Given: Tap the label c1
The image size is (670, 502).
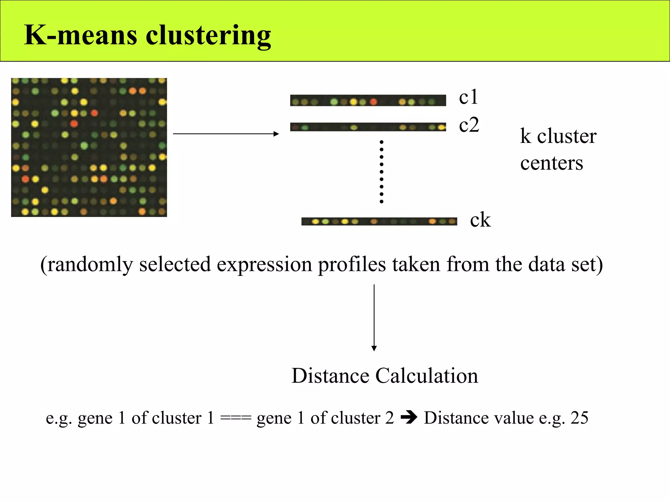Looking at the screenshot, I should (468, 97).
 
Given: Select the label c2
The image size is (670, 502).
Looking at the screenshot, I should (469, 125).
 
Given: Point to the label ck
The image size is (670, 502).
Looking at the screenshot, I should (480, 220).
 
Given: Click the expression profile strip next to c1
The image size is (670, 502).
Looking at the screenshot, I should (368, 101).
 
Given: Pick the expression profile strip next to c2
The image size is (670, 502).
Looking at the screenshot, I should (368, 127).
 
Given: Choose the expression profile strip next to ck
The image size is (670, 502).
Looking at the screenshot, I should (379, 222).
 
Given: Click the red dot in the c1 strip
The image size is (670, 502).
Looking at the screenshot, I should (373, 102).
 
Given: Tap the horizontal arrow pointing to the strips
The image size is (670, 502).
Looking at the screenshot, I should (226, 134).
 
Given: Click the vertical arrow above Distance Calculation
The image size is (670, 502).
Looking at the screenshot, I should (374, 317).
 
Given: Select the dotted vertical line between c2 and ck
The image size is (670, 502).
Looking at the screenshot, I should (381, 172).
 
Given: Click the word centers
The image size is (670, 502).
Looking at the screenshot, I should (552, 163).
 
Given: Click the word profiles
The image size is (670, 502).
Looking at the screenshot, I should (352, 264).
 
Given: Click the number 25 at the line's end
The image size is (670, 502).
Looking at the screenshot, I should (579, 418).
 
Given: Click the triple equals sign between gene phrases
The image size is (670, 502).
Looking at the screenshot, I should (236, 418).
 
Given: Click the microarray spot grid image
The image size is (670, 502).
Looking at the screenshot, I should (89, 147).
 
